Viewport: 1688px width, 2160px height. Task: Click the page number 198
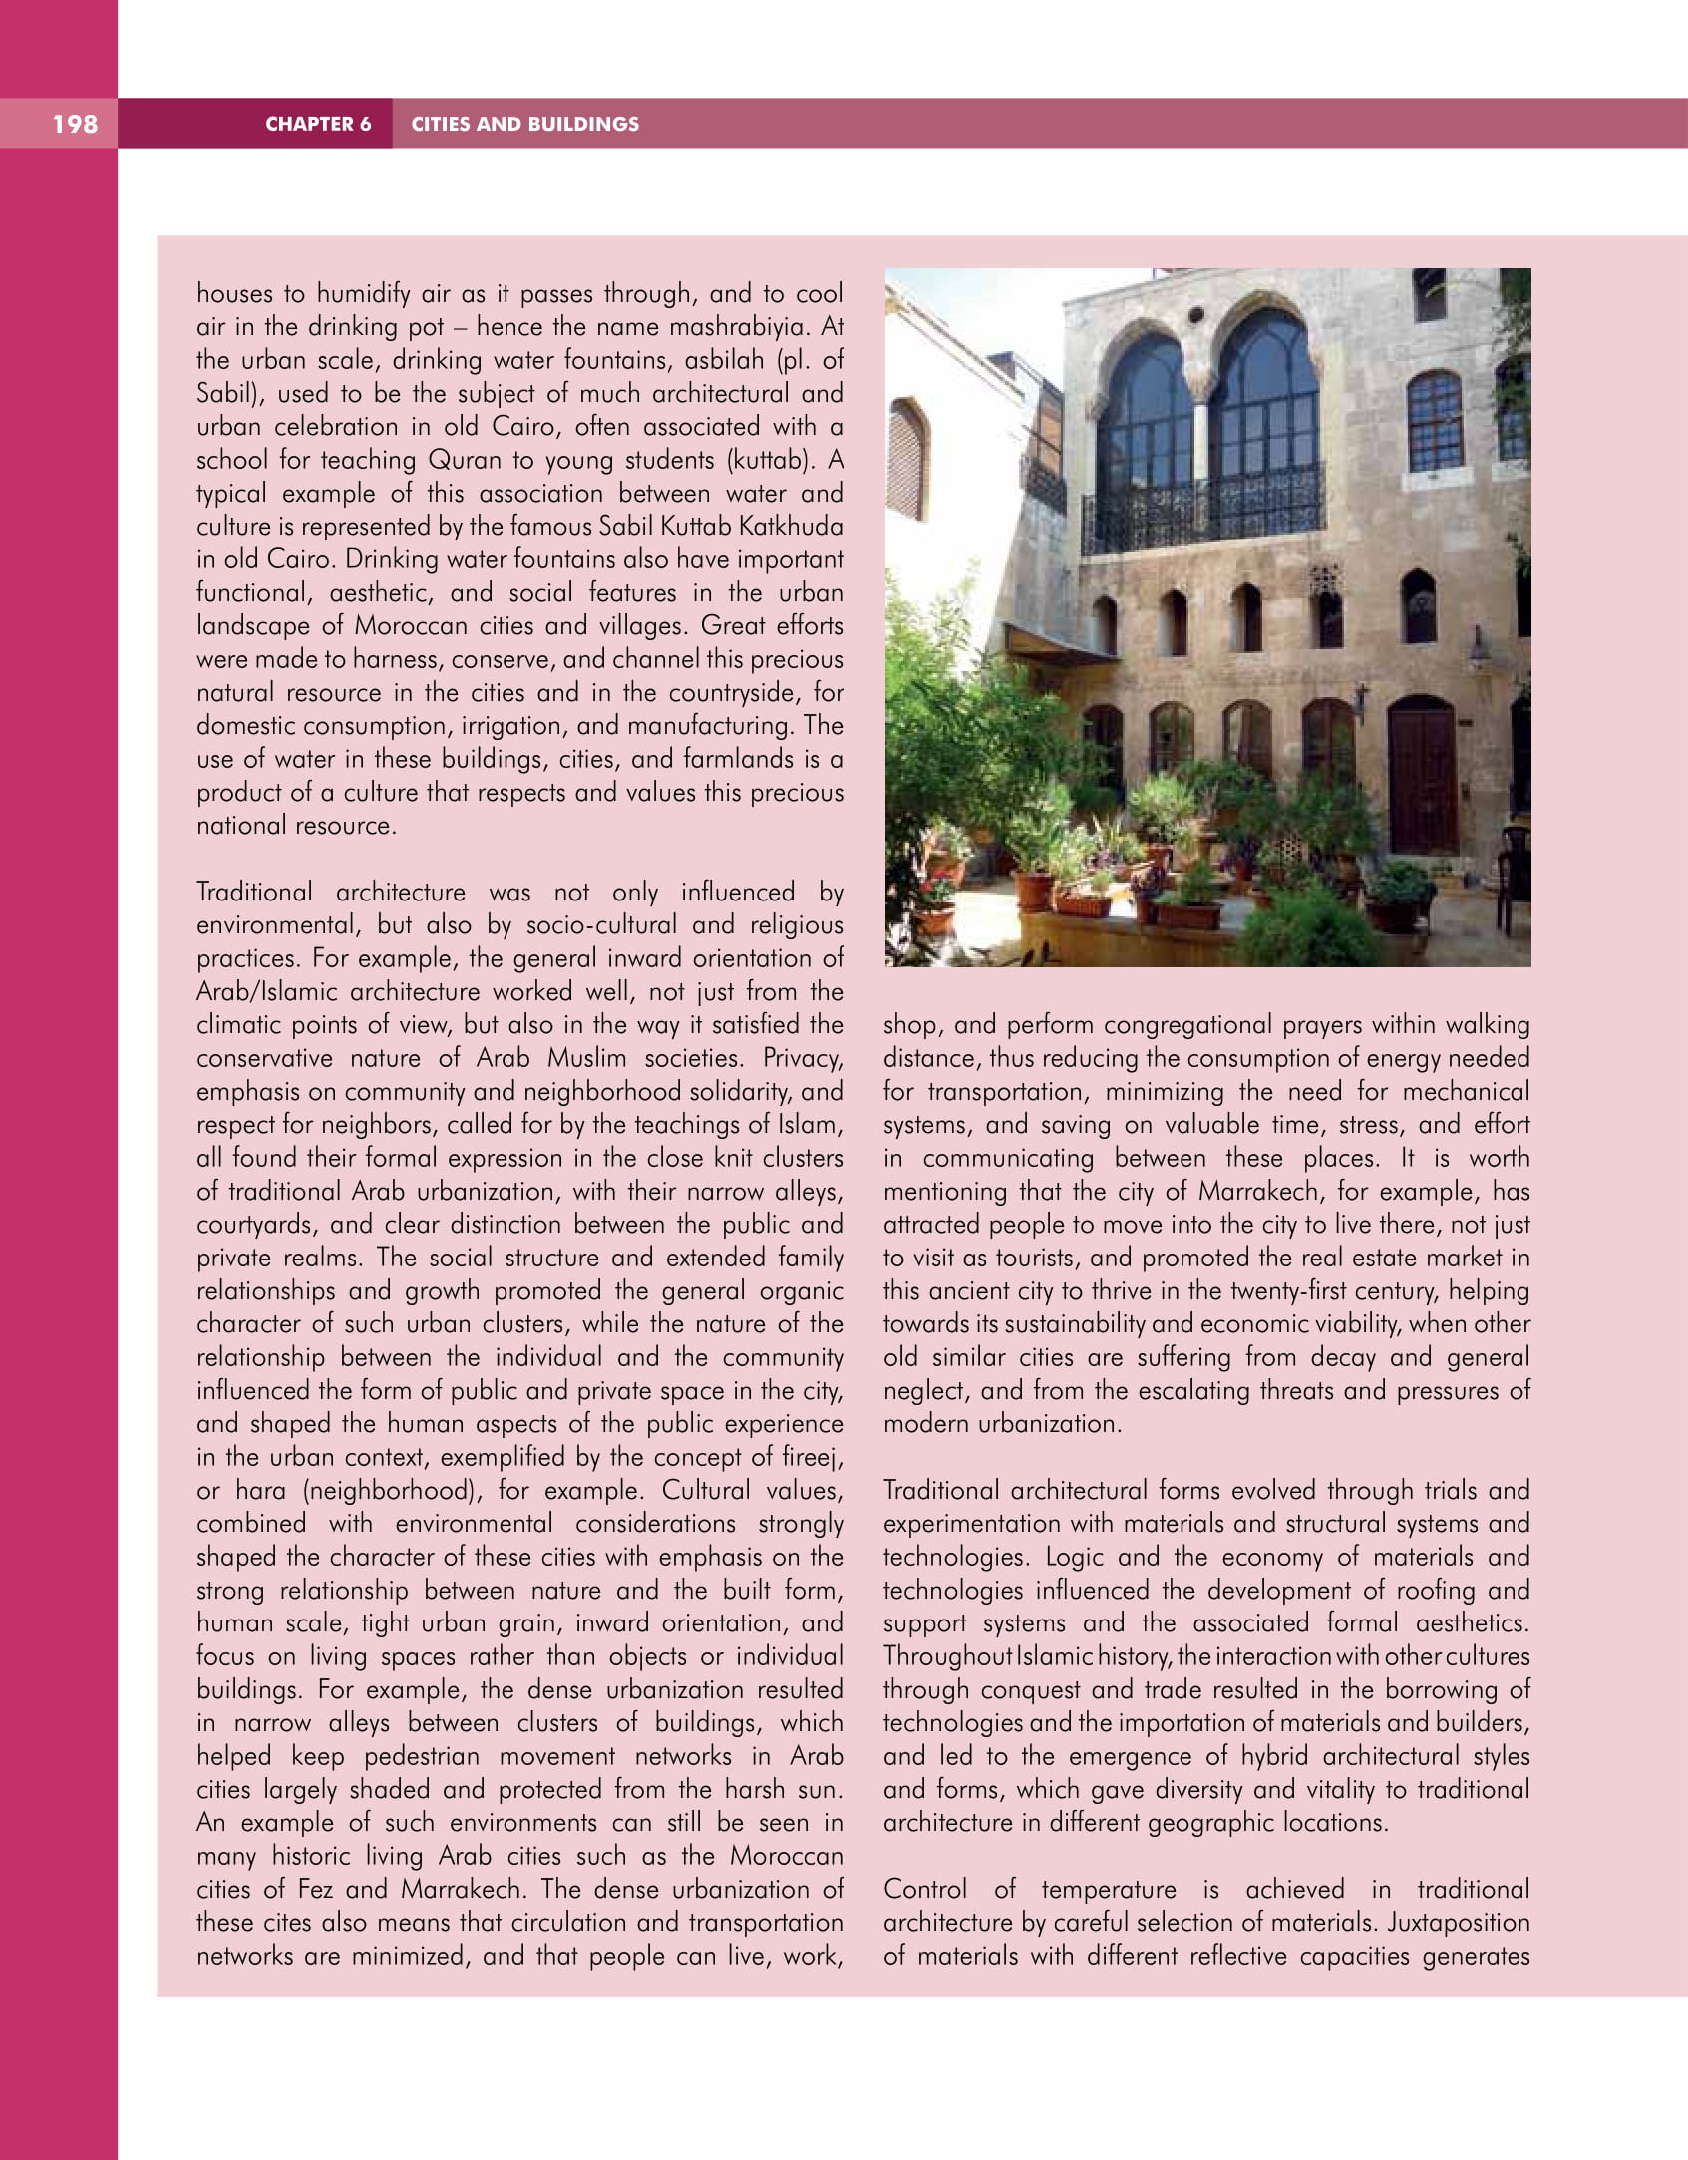[75, 124]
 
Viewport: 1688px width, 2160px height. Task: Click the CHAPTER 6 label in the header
[318, 124]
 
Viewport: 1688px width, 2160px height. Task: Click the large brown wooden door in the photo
[1422, 777]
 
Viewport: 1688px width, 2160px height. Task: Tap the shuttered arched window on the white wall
[907, 459]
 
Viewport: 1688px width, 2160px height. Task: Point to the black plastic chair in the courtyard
[1515, 878]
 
